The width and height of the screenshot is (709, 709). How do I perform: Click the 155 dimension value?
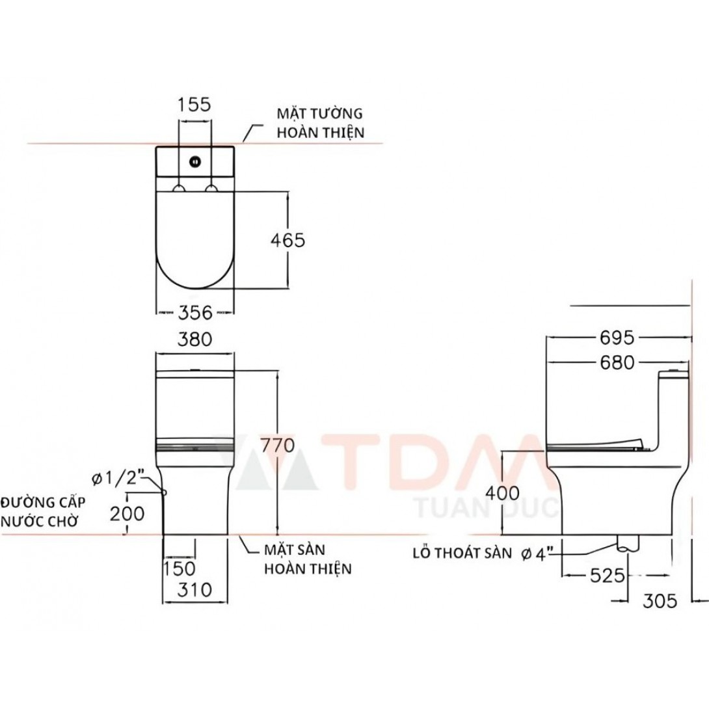click(x=194, y=105)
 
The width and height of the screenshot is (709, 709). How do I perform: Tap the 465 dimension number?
click(x=288, y=240)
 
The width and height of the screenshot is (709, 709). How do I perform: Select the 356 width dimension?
click(x=195, y=312)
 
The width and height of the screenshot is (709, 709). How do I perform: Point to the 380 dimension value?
click(x=194, y=339)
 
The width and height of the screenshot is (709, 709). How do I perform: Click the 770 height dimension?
click(x=278, y=446)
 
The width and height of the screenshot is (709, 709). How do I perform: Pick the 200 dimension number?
click(x=128, y=513)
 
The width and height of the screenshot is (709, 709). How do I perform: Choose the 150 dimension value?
click(x=179, y=569)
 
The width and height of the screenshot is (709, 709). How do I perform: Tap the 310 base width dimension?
click(x=194, y=589)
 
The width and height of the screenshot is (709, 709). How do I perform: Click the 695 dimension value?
click(x=618, y=338)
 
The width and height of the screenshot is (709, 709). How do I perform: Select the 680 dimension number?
click(x=617, y=363)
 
